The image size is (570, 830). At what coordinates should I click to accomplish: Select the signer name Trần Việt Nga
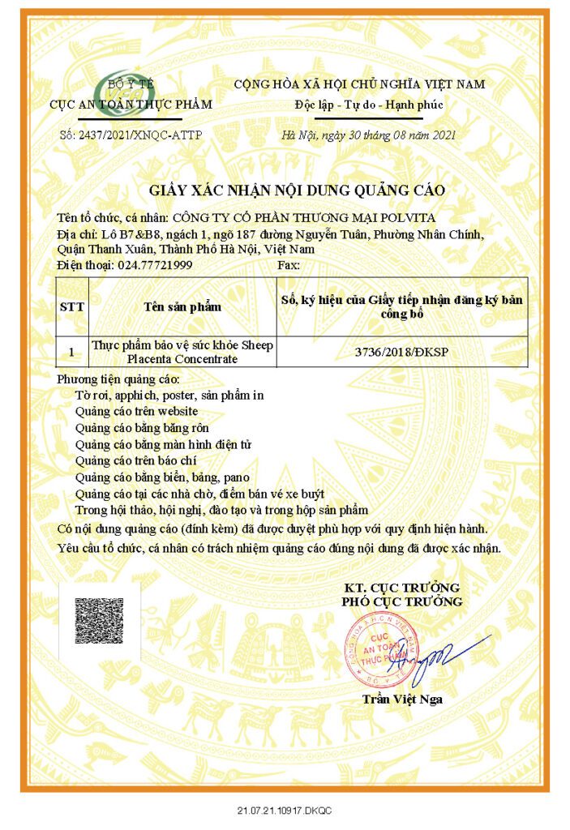pyautogui.click(x=402, y=700)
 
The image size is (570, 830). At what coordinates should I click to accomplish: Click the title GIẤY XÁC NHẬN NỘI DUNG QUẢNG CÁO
pyautogui.click(x=297, y=191)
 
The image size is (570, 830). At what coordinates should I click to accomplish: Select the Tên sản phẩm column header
pyautogui.click(x=182, y=307)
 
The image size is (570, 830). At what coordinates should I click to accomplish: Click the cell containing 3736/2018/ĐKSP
pyautogui.click(x=401, y=352)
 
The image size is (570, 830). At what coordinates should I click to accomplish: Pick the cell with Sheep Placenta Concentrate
pyautogui.click(x=182, y=352)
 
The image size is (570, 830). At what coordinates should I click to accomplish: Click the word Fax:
pyautogui.click(x=289, y=264)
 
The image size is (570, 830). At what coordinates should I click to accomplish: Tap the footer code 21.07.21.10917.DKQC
pyautogui.click(x=285, y=811)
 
